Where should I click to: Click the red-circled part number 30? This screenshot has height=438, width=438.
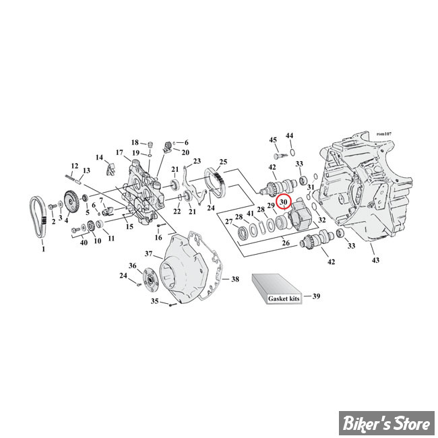pos(284,201)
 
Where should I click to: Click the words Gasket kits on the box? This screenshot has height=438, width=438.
pos(284,299)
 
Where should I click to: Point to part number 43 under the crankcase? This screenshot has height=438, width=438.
pos(375,260)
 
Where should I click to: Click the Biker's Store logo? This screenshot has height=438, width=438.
pos(387,423)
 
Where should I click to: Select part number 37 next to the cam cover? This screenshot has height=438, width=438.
pos(149,253)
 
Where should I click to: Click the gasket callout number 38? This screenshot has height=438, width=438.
pos(235,279)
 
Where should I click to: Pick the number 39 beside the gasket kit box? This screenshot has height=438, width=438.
pos(316,296)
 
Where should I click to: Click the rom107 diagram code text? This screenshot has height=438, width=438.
pos(384,134)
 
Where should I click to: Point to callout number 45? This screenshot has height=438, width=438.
pos(273,139)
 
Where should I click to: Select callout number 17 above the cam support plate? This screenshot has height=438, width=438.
pos(119,152)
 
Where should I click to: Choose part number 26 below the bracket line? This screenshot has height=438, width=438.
pos(286,243)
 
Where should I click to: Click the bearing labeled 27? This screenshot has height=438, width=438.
pos(242,232)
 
